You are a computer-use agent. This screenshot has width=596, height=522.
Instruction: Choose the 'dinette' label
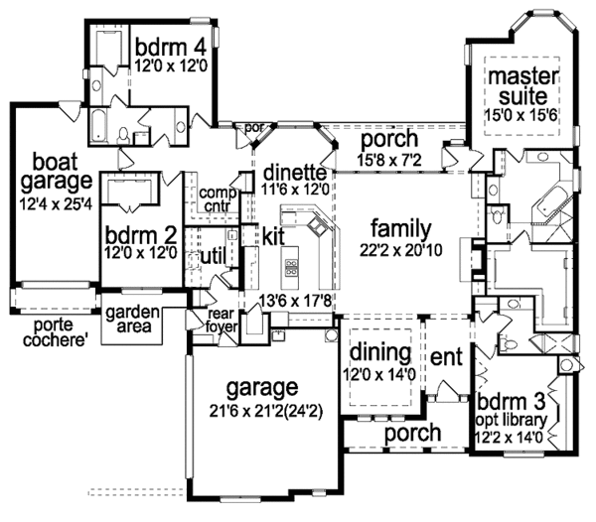click(294, 172)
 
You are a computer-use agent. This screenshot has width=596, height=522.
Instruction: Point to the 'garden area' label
click(127, 317)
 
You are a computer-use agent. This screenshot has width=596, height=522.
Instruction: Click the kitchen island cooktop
click(292, 266)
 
